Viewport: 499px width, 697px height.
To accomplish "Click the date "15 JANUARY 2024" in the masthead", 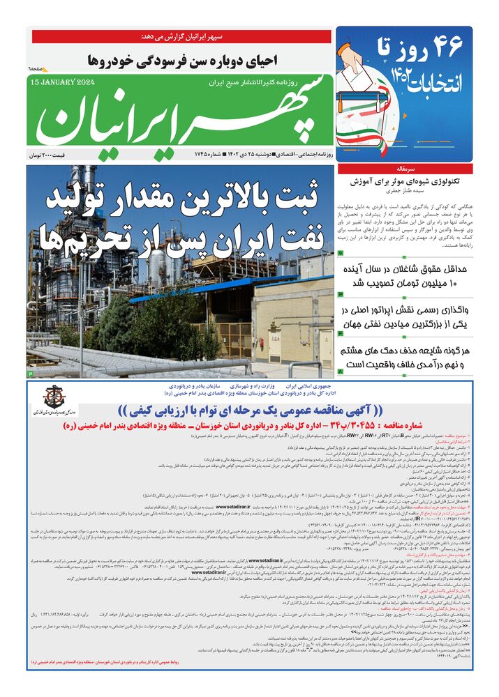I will pos(64,82).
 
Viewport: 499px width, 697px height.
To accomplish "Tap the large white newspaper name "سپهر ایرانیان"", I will pos(181,116).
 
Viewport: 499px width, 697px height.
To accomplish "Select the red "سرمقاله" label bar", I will pos(405,169).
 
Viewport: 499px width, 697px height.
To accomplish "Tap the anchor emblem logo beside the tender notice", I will pos(54,397).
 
